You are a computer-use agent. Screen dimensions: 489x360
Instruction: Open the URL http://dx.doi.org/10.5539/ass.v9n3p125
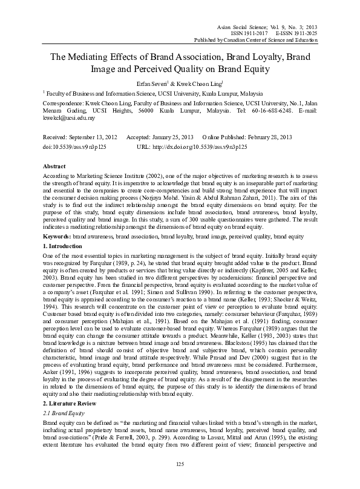pos(199,146)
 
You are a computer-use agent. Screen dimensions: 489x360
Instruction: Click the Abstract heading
pos(55,165)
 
